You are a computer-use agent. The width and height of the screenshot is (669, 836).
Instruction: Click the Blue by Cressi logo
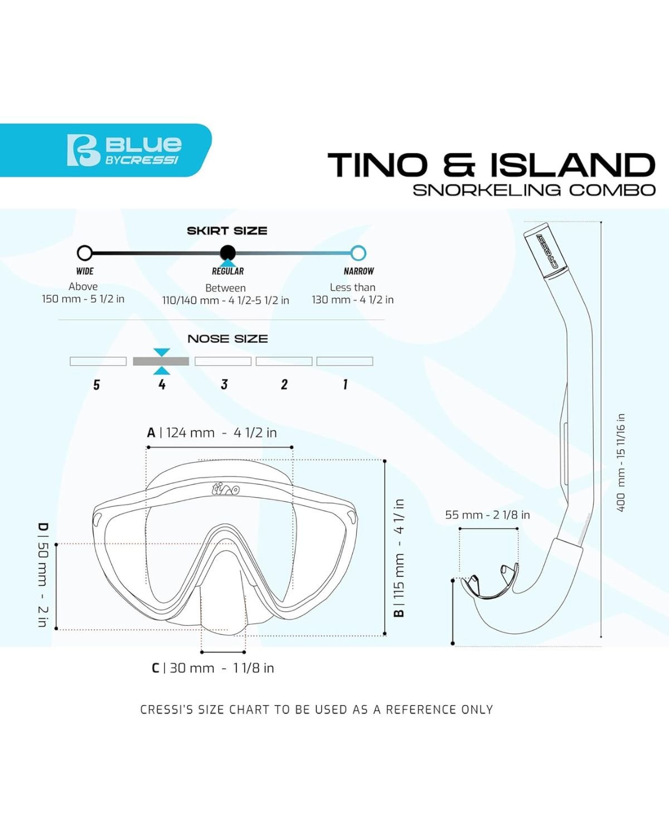point(124,150)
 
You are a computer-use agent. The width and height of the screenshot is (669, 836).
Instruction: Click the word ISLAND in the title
point(572,165)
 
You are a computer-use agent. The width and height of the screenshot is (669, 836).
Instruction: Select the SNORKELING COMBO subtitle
point(534,190)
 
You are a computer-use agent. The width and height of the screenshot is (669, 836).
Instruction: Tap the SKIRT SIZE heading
point(227,231)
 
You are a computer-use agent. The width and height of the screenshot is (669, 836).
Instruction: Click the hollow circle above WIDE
point(84,253)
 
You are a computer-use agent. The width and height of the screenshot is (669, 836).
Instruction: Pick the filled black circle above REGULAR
point(227,253)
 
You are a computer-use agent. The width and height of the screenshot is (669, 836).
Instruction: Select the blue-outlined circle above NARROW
point(358,253)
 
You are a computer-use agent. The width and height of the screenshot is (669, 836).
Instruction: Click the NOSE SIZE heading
point(227,339)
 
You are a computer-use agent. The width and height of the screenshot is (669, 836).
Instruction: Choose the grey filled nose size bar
point(161,361)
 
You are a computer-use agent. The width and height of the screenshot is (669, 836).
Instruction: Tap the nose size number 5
point(96,385)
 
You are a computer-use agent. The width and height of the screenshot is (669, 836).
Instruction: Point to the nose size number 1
point(345,384)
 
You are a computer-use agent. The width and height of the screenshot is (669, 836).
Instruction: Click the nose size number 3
point(224,384)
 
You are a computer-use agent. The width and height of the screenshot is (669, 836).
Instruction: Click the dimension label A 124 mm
point(212,432)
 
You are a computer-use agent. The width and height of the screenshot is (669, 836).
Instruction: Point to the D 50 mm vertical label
point(43,575)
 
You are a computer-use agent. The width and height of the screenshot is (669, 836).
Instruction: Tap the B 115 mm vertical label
point(399,558)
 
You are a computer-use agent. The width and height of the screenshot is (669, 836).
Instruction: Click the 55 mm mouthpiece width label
point(487,515)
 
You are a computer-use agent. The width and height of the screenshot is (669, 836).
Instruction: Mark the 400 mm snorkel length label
point(621,463)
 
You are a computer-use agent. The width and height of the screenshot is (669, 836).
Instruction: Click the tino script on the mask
point(226,489)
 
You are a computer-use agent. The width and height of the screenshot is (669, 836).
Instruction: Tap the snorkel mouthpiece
point(490,581)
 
